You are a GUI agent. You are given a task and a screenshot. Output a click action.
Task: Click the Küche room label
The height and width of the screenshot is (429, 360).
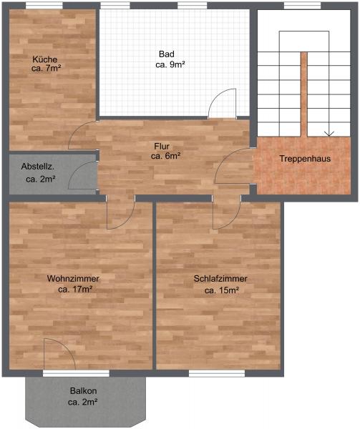pos(45,59)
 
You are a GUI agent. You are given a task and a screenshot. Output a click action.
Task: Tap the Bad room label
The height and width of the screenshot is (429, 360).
pos(167,54)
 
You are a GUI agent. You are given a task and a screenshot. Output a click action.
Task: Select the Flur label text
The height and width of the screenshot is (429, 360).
pos(162,147)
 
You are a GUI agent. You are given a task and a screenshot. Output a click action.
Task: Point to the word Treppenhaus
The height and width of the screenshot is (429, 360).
pos(305,159)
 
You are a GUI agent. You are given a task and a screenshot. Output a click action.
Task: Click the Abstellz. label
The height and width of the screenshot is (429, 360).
pos(37,167)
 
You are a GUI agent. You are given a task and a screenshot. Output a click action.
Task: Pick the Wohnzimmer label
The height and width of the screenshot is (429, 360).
pos(73,279)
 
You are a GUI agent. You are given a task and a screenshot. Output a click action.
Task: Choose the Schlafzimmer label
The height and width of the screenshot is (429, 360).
pos(220,279)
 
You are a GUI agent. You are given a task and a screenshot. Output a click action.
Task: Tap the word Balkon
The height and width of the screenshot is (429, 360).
pos(83,390)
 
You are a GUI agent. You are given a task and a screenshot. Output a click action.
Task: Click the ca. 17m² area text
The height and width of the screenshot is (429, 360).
pos(74,289)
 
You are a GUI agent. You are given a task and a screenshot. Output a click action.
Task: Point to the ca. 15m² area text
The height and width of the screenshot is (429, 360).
pos(222,290)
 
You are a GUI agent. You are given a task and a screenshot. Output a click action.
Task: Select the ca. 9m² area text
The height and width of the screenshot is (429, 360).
pos(170,65)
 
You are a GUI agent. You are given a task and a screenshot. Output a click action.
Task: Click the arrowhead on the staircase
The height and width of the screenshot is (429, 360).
pos(329,134)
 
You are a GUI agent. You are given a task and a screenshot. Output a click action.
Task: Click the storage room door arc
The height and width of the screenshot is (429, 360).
pos(77,167)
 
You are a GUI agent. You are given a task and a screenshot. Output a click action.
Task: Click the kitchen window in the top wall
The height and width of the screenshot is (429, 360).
pos(44,6)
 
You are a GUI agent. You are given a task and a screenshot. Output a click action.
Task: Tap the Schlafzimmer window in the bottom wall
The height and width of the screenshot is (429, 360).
pos(217,373)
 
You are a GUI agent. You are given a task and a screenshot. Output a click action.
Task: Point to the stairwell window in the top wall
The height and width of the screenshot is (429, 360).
pos(302,6)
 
